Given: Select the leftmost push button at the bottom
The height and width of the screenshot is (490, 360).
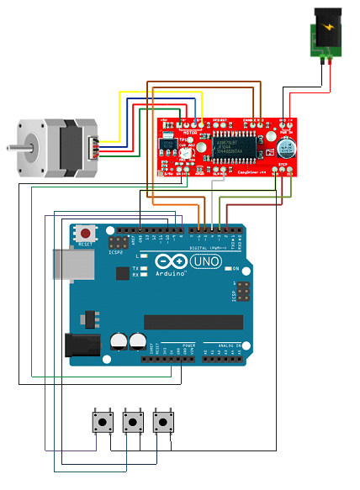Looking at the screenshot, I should point(103,420).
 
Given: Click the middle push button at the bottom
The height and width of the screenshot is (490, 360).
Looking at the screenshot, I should point(133,420).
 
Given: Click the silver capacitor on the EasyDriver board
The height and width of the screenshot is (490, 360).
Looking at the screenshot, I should point(284,149).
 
